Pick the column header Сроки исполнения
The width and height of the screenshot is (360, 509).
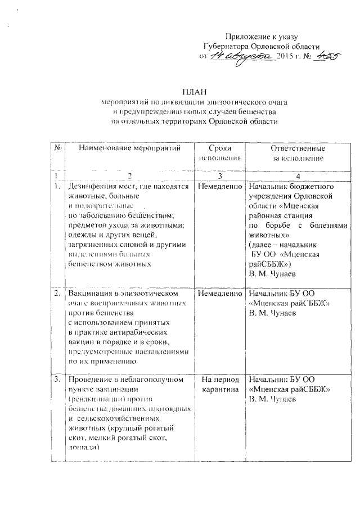[x=219, y=153]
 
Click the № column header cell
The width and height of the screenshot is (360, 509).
[x=57, y=148]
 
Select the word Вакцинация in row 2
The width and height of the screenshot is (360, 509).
[x=91, y=294]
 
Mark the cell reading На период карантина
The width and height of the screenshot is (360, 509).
[x=219, y=384]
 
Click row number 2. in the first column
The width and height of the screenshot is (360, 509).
[x=57, y=294]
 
